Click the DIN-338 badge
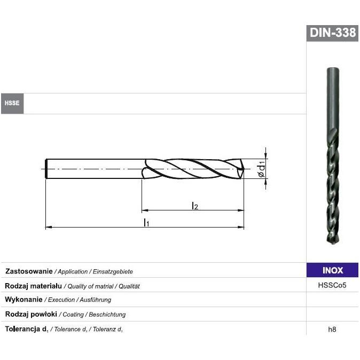[x=332, y=33]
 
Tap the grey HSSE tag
[x=12, y=103]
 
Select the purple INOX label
[x=332, y=270]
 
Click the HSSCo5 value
[x=332, y=285]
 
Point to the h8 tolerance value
[x=332, y=329]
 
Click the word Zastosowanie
[x=29, y=271]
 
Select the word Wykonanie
[x=24, y=300]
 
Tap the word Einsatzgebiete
[x=113, y=272]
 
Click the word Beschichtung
[x=107, y=314]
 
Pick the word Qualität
[x=129, y=286]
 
